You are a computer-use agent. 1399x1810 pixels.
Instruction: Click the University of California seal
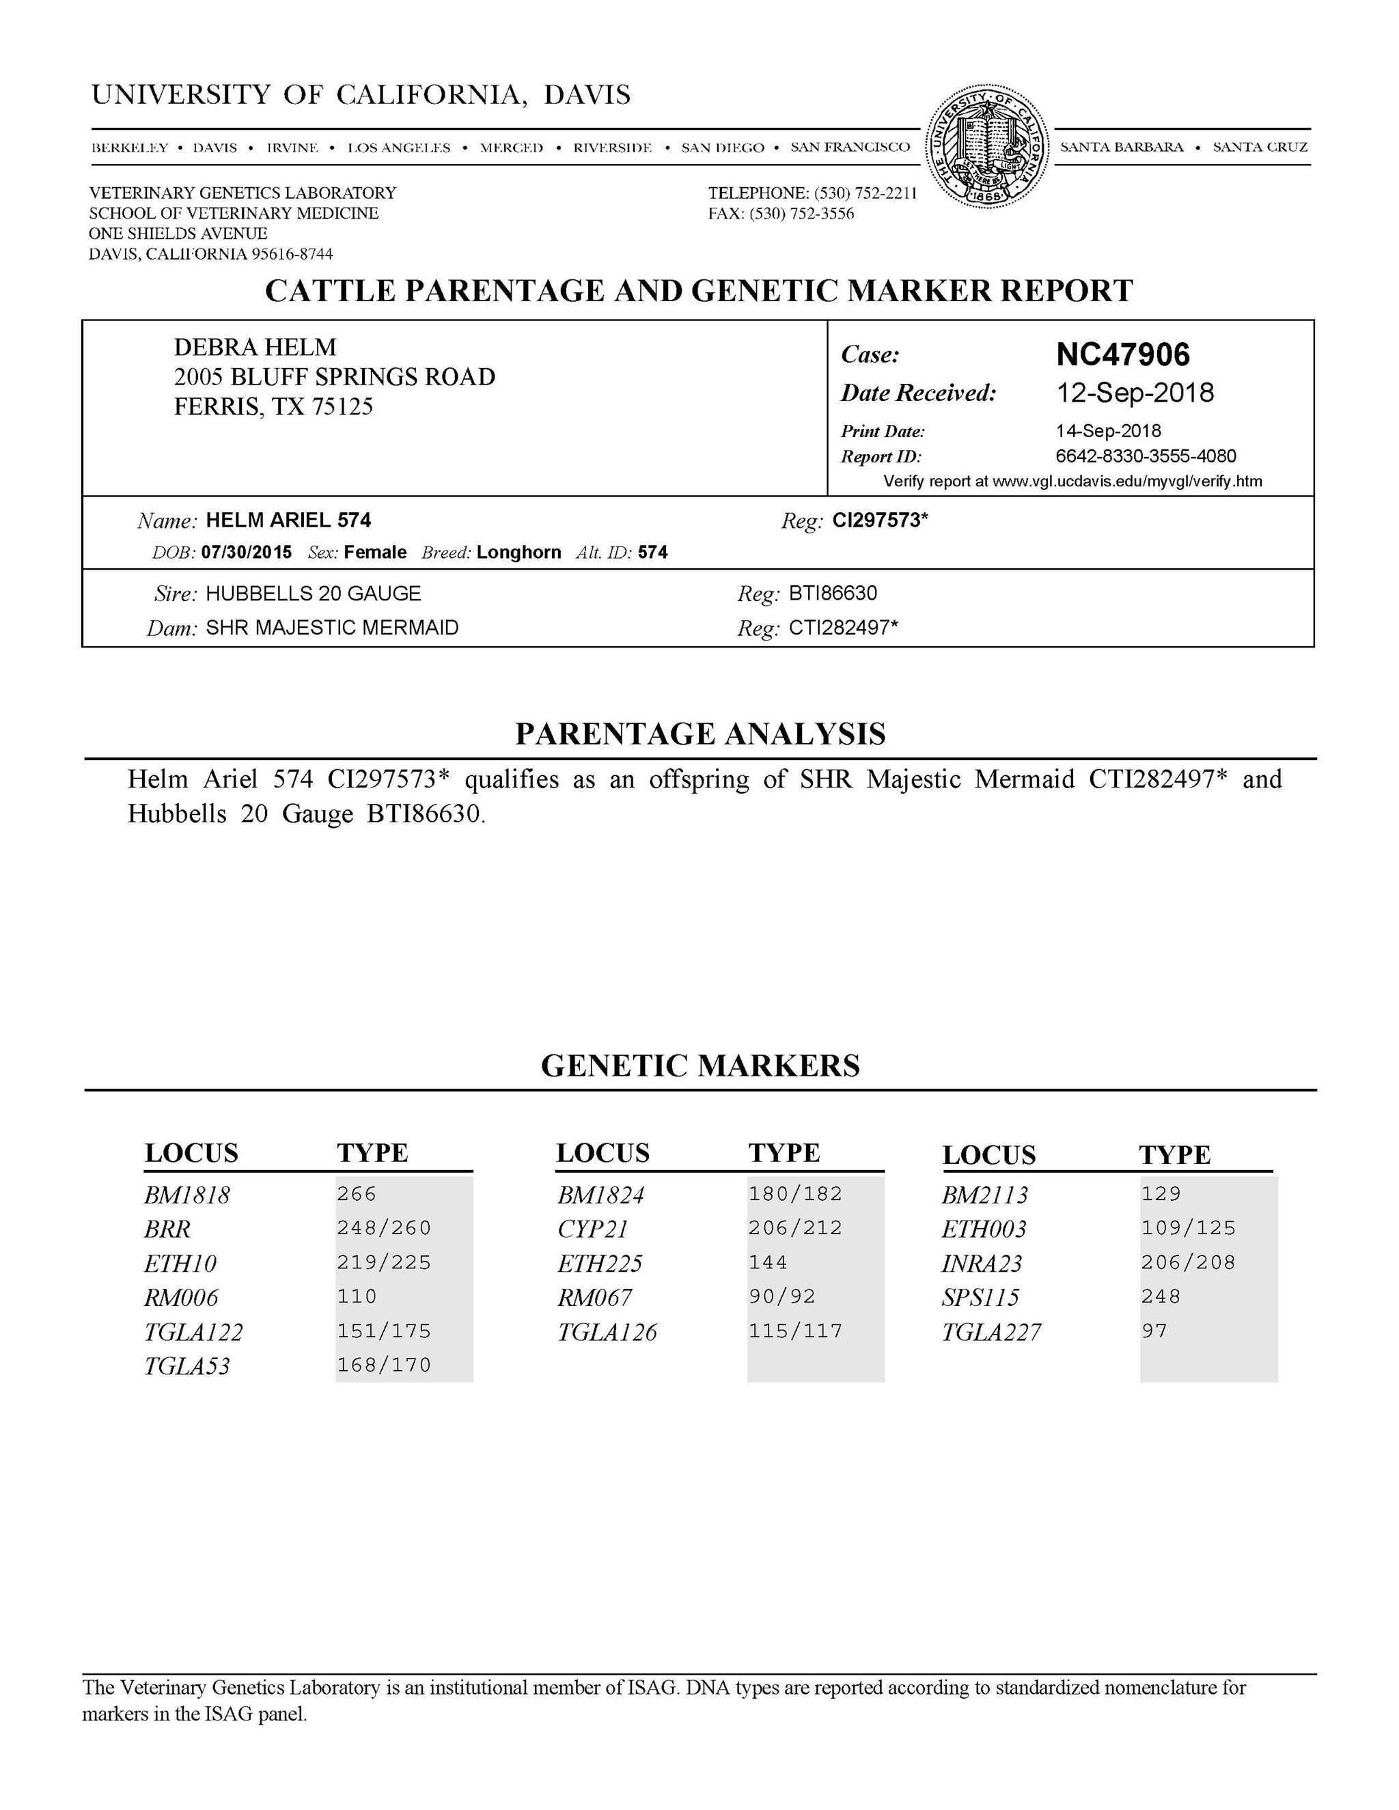pos(986,146)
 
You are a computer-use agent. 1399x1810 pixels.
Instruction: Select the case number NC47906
pos(1122,354)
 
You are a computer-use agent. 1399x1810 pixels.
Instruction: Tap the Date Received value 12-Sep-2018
pos(1134,392)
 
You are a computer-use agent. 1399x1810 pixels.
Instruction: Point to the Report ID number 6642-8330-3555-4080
pos(1146,456)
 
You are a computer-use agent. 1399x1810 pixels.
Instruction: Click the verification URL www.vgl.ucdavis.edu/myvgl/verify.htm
pos(1126,481)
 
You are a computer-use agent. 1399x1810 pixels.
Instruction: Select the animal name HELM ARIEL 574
pos(288,520)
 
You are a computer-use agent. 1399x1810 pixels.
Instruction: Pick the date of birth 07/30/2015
pos(246,552)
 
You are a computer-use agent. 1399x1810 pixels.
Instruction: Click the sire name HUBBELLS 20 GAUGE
pos(314,594)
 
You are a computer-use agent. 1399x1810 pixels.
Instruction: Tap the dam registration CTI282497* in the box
pos(843,628)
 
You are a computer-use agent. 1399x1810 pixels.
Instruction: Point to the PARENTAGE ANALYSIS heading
pos(700,734)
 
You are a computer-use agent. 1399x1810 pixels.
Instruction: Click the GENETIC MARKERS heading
pos(700,1065)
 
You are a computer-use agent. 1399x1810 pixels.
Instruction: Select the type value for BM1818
pos(357,1193)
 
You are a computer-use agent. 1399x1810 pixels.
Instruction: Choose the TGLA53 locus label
pos(186,1366)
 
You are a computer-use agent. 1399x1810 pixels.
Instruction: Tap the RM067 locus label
pos(594,1297)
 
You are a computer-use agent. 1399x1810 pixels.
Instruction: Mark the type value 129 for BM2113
pos(1161,1193)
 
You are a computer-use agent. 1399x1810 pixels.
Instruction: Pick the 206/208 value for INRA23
pos(1188,1262)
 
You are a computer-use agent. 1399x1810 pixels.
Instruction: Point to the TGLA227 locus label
pos(991,1332)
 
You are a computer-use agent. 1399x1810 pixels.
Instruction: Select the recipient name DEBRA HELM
pos(255,346)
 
